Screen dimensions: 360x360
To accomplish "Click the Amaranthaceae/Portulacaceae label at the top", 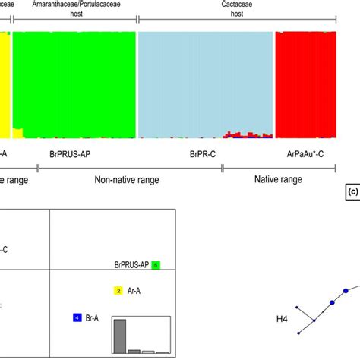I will tap(74, 4).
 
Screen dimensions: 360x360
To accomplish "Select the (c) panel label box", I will tap(352, 192).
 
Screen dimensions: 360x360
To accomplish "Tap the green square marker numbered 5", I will tap(156, 265).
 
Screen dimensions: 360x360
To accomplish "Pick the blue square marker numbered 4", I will tap(76, 317).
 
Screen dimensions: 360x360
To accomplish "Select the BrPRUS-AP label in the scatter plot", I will tap(126, 265).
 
